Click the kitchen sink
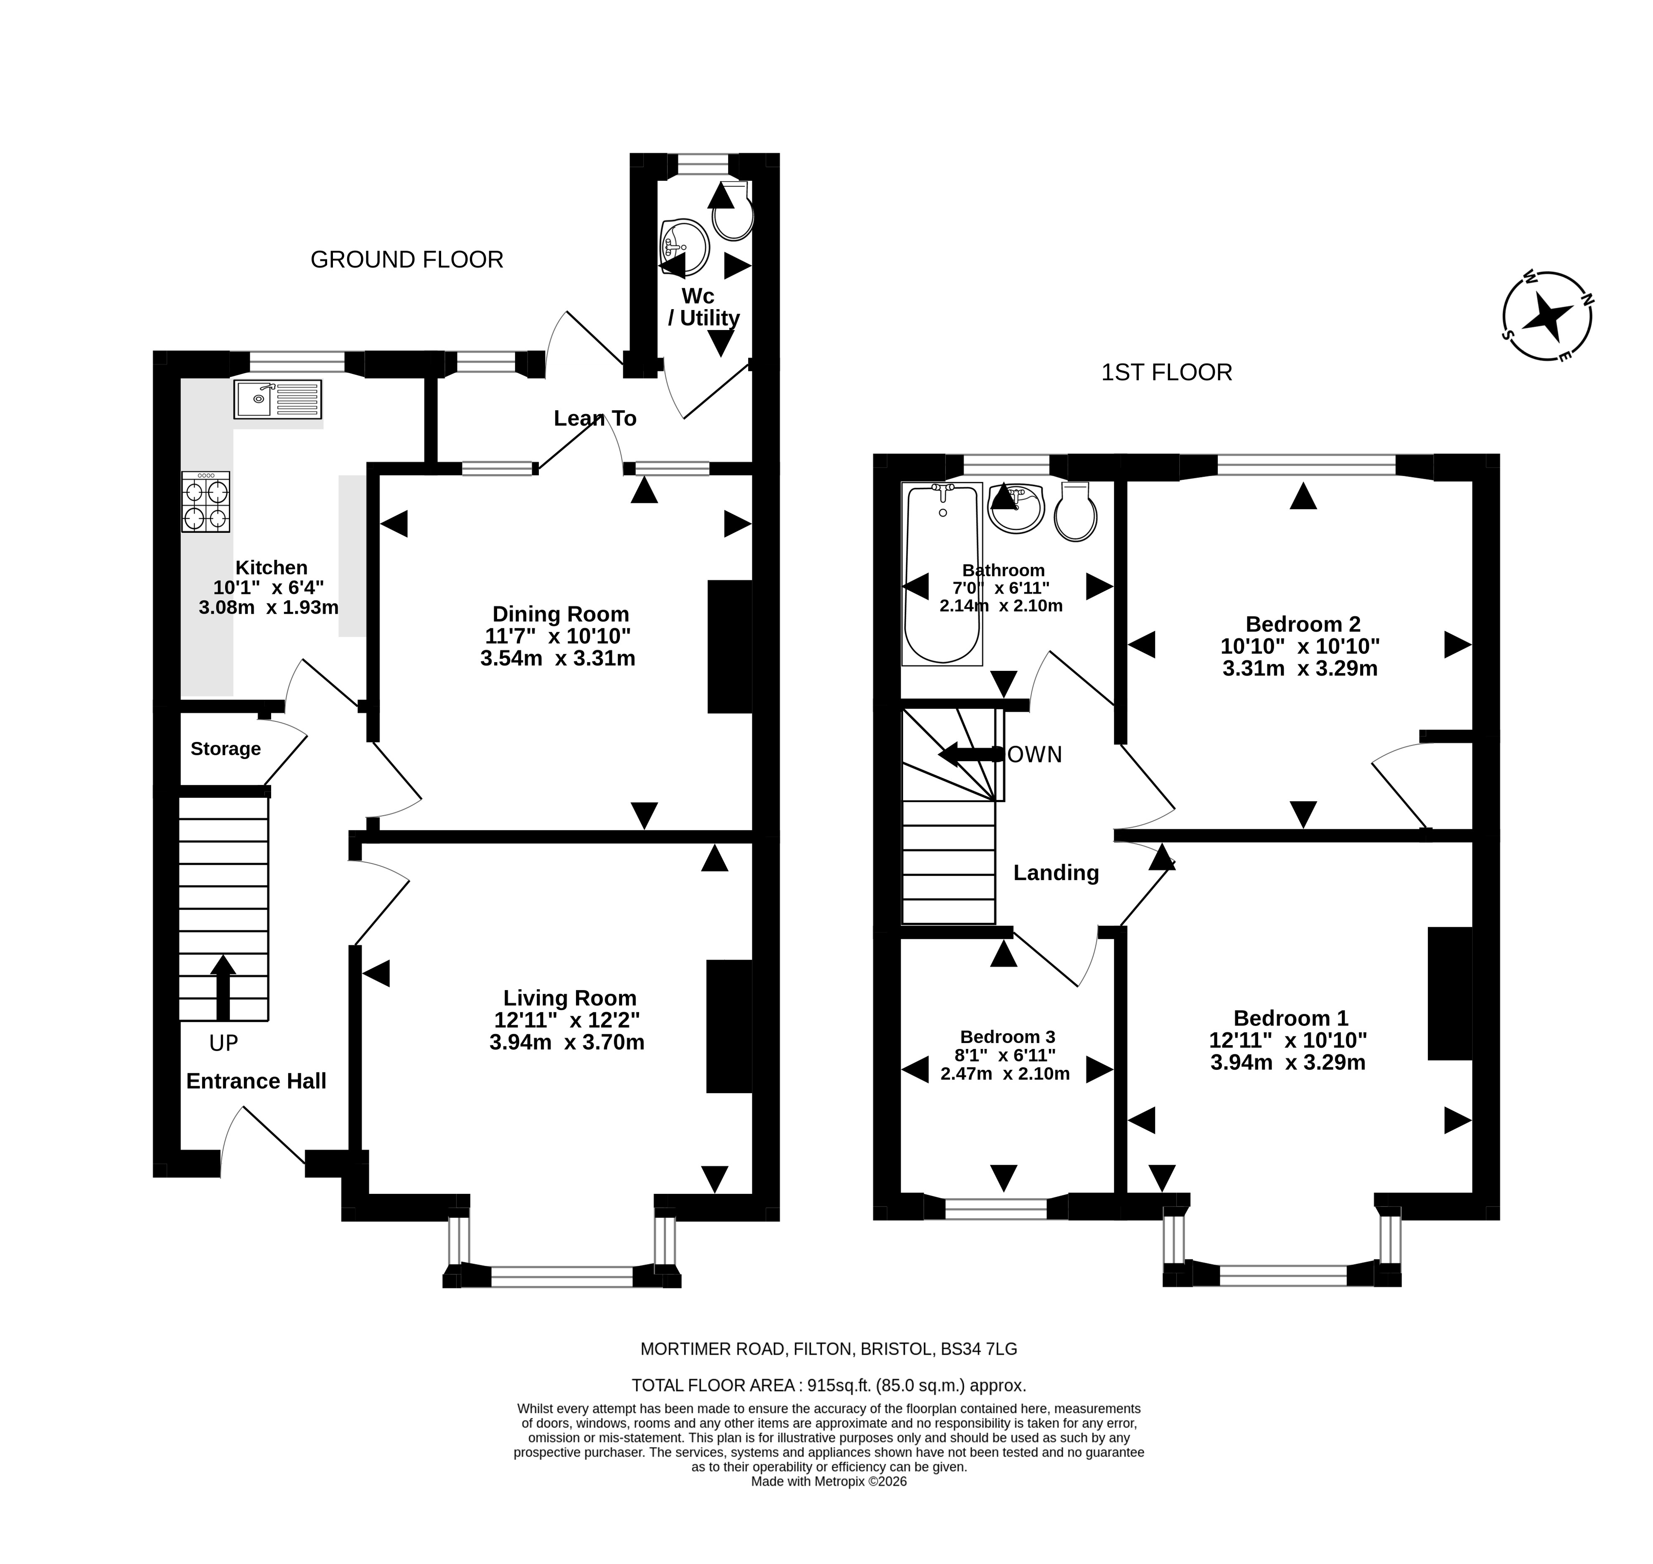click(277, 399)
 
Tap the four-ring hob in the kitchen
click(206, 502)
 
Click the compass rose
click(1547, 317)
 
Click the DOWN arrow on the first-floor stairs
click(971, 754)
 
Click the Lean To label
click(595, 419)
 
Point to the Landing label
click(1056, 873)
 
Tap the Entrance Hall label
click(256, 1081)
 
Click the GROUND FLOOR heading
click(407, 260)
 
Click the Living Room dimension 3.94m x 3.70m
click(567, 1042)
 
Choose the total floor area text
click(828, 1386)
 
